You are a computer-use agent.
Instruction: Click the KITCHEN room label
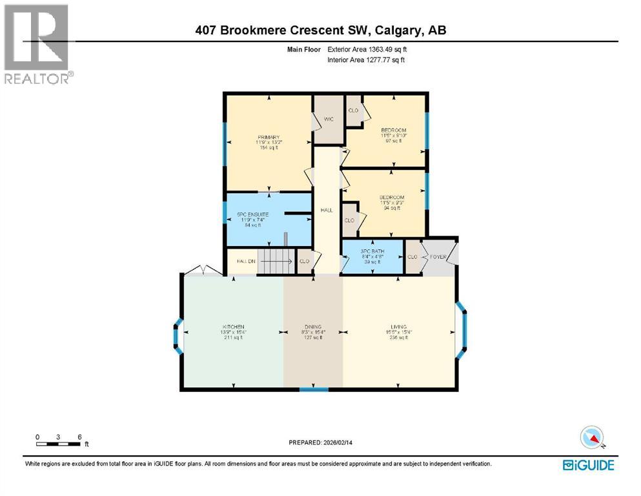(234, 326)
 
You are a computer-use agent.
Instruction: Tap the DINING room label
(314, 327)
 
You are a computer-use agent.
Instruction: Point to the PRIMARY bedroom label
(269, 137)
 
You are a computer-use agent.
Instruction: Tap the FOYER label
(439, 256)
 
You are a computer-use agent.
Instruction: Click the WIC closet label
(329, 118)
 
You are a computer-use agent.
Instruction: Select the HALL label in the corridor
(327, 211)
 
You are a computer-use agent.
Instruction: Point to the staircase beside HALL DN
(275, 262)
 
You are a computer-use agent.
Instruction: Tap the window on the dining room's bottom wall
(314, 389)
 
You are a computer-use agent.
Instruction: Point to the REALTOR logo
(37, 43)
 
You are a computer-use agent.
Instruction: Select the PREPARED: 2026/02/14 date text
(321, 442)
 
